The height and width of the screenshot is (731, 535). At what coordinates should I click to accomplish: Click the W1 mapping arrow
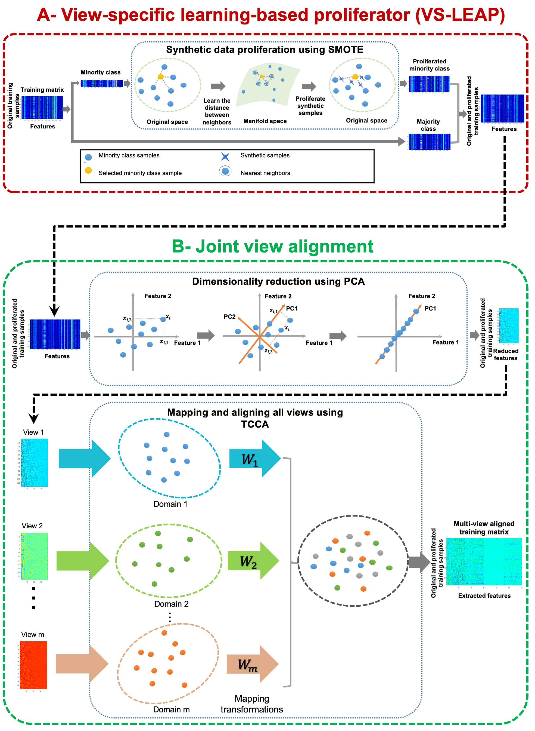[x=254, y=458]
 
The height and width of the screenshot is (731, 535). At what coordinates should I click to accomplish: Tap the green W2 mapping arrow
[x=253, y=561]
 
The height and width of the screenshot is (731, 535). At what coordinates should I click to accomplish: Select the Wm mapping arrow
[x=252, y=664]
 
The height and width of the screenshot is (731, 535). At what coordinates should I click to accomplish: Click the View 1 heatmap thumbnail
[x=34, y=463]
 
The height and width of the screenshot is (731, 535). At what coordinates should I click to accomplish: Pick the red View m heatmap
[x=33, y=665]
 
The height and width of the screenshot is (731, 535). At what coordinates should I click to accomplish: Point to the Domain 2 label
[x=171, y=604]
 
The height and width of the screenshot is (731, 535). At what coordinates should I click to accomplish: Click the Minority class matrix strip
[x=102, y=84]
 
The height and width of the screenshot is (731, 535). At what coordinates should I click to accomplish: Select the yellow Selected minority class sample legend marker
[x=88, y=171]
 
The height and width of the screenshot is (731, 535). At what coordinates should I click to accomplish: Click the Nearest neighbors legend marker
[x=225, y=171]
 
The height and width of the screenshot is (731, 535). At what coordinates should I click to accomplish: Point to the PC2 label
[x=230, y=317]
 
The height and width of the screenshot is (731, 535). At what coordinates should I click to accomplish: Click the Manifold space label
[x=265, y=121]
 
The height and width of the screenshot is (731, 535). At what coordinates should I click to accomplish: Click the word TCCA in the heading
[x=255, y=424]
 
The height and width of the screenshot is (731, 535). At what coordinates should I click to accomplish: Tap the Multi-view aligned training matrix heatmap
[x=484, y=561]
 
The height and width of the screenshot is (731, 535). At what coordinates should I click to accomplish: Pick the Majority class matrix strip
[x=429, y=142]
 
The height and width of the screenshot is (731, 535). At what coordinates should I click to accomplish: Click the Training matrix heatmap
[x=42, y=107]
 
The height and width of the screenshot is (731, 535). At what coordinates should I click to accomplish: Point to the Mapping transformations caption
[x=252, y=704]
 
